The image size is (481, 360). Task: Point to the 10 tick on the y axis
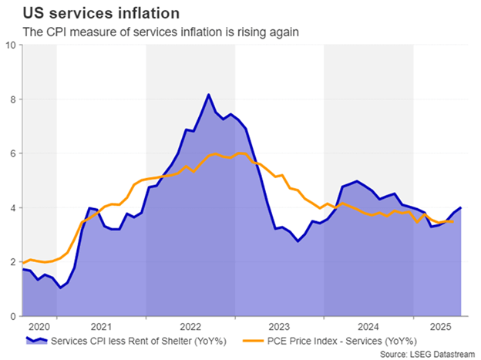[x=10, y=45]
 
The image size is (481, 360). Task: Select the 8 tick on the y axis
[x=12, y=99]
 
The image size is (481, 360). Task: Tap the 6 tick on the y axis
[x=12, y=153]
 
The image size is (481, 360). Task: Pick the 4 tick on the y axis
[x=12, y=208]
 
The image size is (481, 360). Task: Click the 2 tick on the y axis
[x=12, y=262]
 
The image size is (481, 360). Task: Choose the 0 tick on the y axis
[x=12, y=316]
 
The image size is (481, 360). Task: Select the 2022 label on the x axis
[x=191, y=325]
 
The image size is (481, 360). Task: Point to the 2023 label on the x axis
[x=280, y=325]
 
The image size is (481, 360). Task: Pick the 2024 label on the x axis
[x=368, y=325]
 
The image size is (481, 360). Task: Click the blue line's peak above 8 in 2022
[x=208, y=95]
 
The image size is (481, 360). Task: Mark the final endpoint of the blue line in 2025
[x=461, y=208]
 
